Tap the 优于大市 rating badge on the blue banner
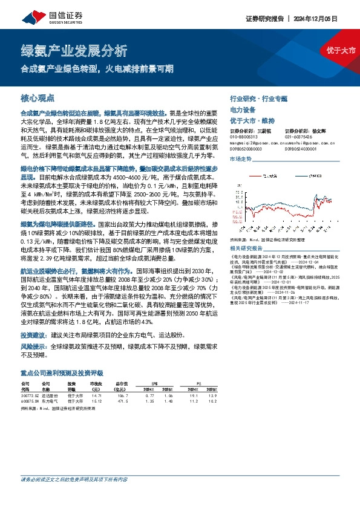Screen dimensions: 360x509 click(x=341, y=50)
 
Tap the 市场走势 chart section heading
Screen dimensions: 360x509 click(x=240, y=158)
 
